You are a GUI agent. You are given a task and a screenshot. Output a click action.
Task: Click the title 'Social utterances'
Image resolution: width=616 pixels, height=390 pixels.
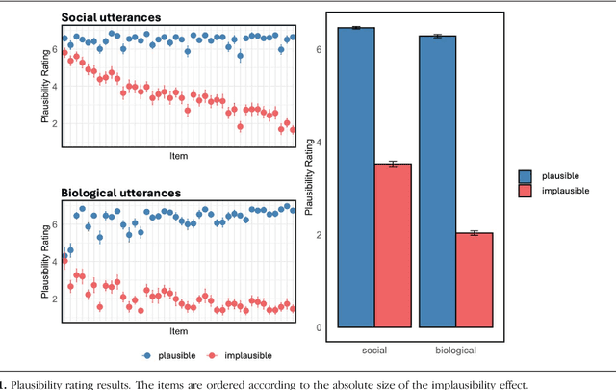111,17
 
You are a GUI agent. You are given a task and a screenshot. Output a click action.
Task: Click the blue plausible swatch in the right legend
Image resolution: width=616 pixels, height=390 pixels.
526,176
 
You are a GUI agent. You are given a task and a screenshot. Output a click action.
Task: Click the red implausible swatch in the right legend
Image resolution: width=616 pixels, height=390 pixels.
526,192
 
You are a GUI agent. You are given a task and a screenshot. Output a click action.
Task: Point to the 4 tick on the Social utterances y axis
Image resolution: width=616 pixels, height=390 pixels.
55,86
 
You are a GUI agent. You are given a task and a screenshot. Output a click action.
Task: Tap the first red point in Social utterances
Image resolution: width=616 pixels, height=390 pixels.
64,53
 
